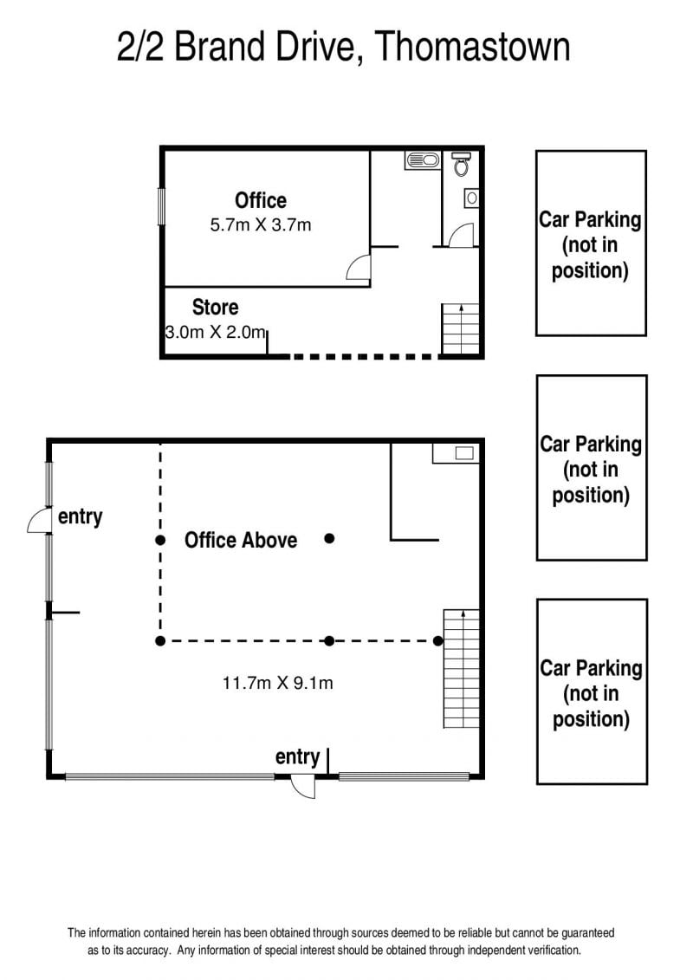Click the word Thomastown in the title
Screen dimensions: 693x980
coord(473,47)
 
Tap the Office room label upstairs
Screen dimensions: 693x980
coord(261,200)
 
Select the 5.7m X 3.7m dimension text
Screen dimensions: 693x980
coord(261,225)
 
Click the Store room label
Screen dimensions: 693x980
coord(215,307)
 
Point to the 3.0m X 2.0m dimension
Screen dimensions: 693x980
coord(216,332)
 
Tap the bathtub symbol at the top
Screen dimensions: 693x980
coord(423,160)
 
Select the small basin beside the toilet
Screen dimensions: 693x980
coord(472,198)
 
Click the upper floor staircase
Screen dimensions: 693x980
coord(461,328)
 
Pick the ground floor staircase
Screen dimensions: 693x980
coord(461,669)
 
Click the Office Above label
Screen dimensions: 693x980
coord(241,540)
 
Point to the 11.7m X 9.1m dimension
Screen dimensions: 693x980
coord(277,683)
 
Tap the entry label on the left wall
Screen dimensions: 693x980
coord(80,517)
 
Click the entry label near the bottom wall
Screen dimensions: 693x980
coord(297,756)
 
